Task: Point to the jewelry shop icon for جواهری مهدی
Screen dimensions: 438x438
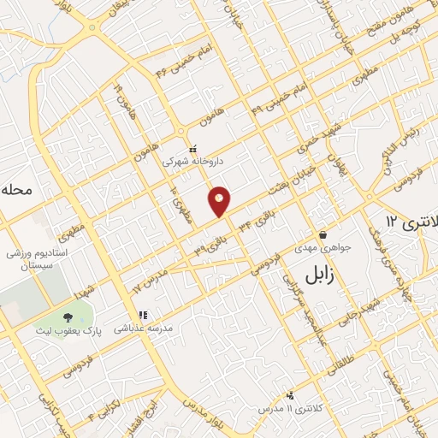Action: click(323, 234)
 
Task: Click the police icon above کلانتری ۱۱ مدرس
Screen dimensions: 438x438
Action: click(290, 395)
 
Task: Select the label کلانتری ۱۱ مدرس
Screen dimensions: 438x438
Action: click(290, 410)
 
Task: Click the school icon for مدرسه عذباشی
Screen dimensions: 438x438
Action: click(143, 315)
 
